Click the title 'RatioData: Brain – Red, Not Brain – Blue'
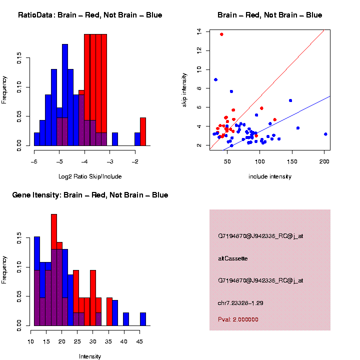point(90,15)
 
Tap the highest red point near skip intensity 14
point(221,34)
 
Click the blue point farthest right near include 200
point(325,134)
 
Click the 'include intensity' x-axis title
point(270,176)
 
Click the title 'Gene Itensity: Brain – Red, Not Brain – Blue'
point(90,195)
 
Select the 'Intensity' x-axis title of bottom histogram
point(90,356)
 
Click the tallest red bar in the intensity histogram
point(54,270)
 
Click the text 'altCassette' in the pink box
point(233,258)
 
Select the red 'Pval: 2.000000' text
point(238,319)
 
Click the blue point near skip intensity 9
point(215,79)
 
